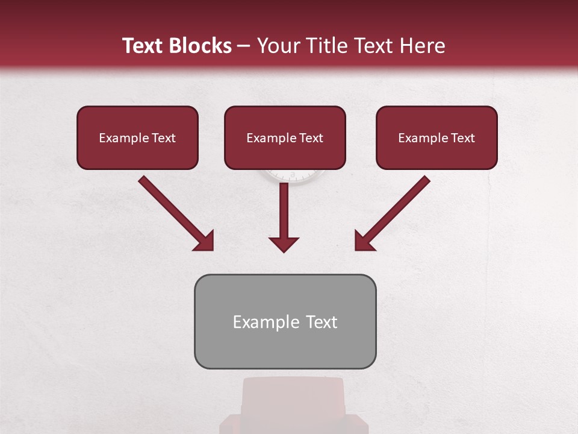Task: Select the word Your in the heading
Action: click(276, 46)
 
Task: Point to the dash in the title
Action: click(244, 46)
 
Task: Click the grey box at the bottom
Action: click(285, 350)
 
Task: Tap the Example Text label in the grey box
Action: click(285, 322)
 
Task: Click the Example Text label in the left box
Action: click(137, 138)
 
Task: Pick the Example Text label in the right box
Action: click(437, 138)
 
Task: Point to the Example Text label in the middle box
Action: click(285, 138)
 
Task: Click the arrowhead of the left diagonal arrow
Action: click(205, 242)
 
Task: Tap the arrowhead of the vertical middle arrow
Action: click(284, 244)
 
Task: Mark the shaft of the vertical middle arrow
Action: click(284, 208)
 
